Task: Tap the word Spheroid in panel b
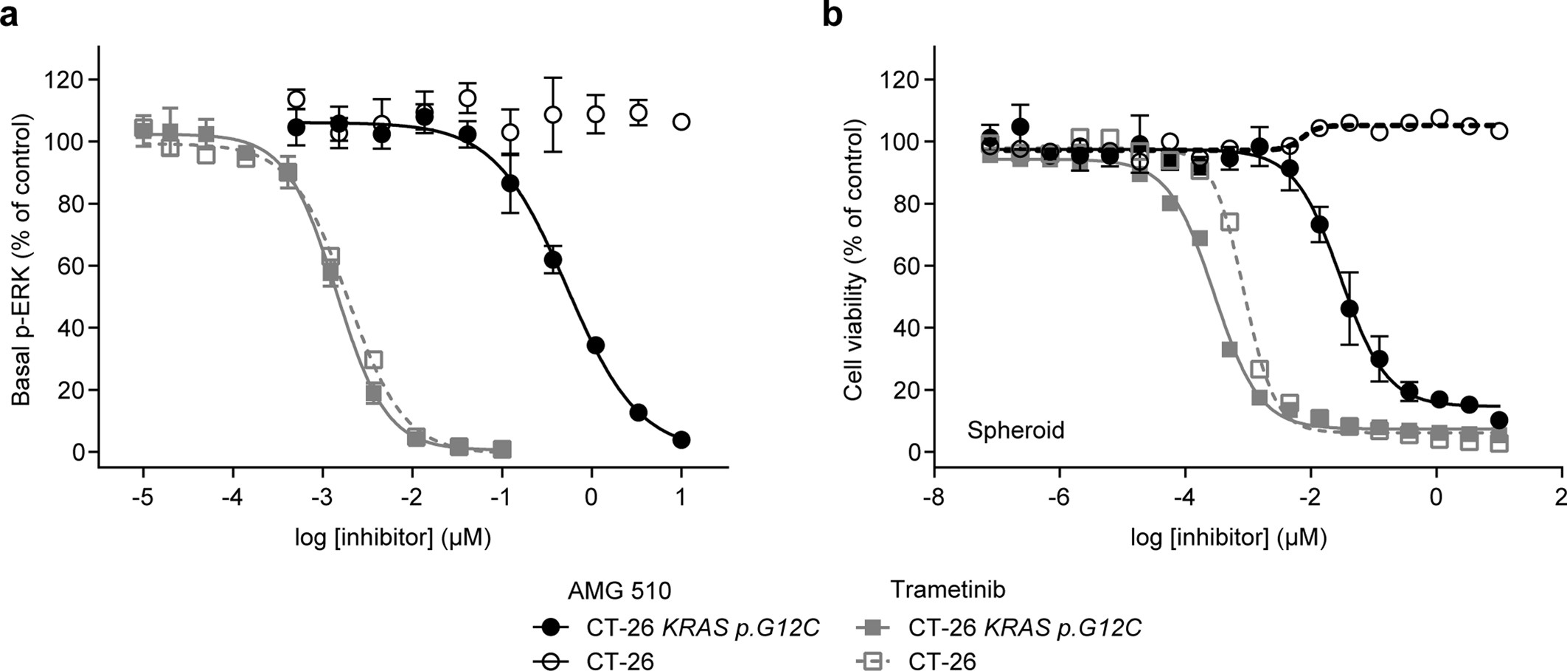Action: (x=1015, y=430)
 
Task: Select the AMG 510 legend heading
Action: (x=619, y=591)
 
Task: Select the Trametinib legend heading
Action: (x=948, y=589)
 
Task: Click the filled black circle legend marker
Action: (x=551, y=628)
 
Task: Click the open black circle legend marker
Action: (x=551, y=661)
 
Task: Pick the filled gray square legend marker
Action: (x=872, y=628)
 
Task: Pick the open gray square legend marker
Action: (x=872, y=661)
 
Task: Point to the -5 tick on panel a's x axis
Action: (x=143, y=498)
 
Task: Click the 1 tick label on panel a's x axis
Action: (x=681, y=498)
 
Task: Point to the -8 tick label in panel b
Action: (x=934, y=498)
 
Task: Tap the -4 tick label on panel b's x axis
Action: (x=1184, y=498)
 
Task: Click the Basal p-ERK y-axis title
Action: (x=22, y=258)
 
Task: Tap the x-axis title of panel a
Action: (x=392, y=537)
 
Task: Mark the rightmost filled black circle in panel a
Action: (x=681, y=440)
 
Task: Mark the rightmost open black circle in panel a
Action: (x=682, y=122)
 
